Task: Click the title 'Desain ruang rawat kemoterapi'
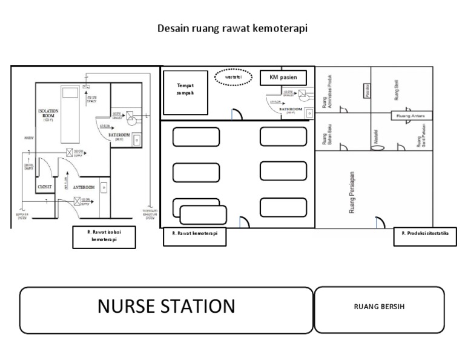(233, 28)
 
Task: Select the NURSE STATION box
(166, 310)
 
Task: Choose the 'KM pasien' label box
(283, 78)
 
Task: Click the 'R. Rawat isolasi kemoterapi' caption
(104, 238)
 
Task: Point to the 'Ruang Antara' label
(411, 116)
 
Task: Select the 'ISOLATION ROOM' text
(48, 115)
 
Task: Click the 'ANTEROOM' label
(85, 188)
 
